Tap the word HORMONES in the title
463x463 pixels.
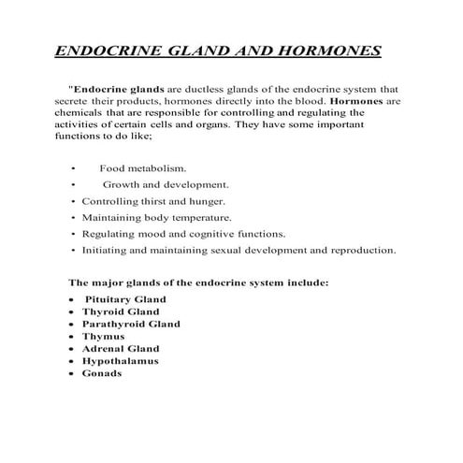(x=330, y=50)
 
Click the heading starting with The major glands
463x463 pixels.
(x=198, y=282)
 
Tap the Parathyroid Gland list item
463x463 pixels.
(x=131, y=324)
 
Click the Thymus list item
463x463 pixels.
(x=103, y=336)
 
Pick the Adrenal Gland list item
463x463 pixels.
(x=121, y=348)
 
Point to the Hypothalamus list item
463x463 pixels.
(x=120, y=360)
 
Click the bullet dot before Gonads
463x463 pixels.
(x=72, y=373)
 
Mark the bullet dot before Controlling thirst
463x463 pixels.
(x=73, y=201)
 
